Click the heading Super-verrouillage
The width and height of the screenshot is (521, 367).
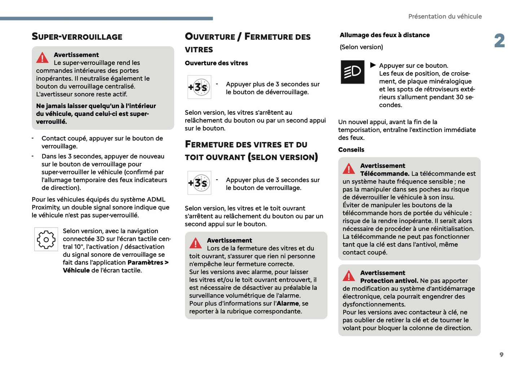coord(77,37)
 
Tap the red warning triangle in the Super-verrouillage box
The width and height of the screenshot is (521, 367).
coord(42,58)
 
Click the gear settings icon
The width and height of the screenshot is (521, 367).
coord(46,239)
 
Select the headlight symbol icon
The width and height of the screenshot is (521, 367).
coord(352,72)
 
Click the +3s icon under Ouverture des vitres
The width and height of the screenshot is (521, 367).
coord(199,87)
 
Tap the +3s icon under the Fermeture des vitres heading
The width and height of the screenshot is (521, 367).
coord(199,183)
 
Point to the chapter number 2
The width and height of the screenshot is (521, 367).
coord(499,41)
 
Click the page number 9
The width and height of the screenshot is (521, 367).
coord(501,355)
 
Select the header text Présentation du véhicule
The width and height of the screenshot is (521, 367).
coord(445,17)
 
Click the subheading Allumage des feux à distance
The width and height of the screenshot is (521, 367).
coord(384,35)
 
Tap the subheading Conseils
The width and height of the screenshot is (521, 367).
coord(351,150)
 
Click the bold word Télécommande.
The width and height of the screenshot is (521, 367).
coord(384,174)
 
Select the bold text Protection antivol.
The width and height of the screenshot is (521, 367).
coord(389,281)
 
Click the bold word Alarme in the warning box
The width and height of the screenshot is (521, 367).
coord(288,304)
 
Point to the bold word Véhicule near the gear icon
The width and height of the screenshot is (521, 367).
coord(76,270)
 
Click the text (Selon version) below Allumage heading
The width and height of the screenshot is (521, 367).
coord(361,47)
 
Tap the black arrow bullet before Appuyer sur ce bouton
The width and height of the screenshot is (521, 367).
coord(373,65)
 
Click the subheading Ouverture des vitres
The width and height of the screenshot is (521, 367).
coord(216,63)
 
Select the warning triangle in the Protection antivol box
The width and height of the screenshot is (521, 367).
coord(349,276)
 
